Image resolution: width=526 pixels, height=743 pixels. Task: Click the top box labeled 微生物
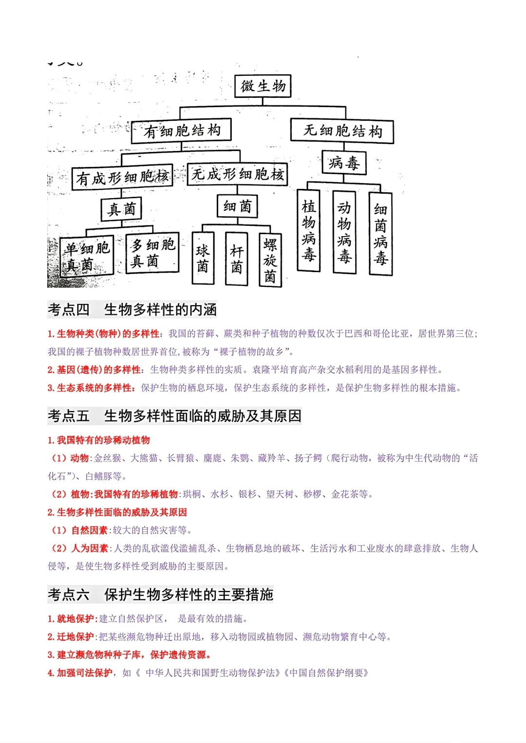click(x=263, y=86)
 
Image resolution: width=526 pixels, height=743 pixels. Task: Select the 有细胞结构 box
click(x=181, y=130)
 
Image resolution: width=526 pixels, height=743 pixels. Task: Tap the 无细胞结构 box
click(x=342, y=131)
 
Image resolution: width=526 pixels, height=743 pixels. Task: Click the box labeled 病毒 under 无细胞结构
click(x=344, y=163)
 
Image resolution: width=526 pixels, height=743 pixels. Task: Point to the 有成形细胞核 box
click(x=122, y=178)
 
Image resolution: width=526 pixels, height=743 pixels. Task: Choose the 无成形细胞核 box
click(x=238, y=174)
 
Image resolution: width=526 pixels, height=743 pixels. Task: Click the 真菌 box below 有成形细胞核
click(x=121, y=209)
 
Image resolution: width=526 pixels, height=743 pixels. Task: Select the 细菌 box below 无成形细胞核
click(x=237, y=206)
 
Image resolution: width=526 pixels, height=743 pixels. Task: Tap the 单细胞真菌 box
click(x=87, y=257)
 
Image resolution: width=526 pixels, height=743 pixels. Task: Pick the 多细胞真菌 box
click(x=152, y=253)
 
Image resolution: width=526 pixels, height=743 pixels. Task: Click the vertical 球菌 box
click(x=203, y=258)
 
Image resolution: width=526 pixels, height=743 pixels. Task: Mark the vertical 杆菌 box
click(x=237, y=259)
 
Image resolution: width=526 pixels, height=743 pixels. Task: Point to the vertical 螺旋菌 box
click(x=270, y=260)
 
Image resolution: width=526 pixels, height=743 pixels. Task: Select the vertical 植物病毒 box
click(x=309, y=230)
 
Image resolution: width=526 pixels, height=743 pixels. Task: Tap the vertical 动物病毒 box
click(x=344, y=232)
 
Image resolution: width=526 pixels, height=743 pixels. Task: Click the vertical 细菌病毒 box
click(x=380, y=234)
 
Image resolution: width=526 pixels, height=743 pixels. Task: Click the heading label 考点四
click(x=69, y=310)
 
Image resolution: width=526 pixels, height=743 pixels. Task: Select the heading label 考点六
click(x=69, y=594)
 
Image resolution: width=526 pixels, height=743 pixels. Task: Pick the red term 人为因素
click(x=90, y=548)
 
